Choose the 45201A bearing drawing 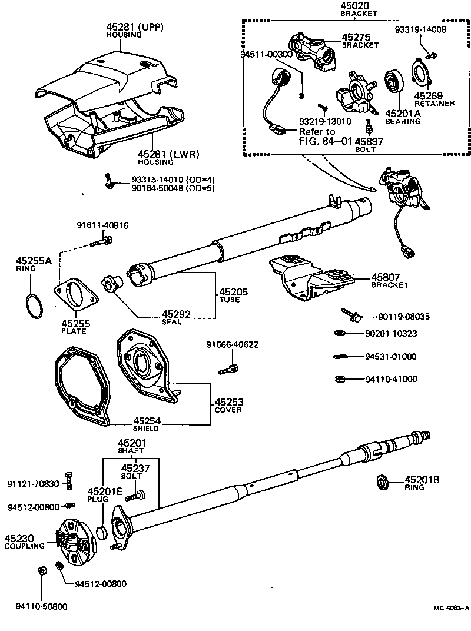[393, 82]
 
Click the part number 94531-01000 [390, 357]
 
